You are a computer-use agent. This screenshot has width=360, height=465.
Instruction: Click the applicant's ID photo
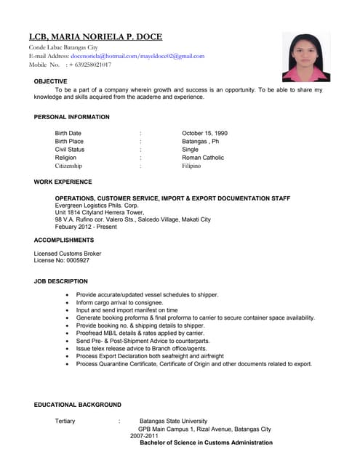click(306, 57)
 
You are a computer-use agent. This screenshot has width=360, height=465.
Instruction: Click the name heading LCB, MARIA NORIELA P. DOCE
click(95, 37)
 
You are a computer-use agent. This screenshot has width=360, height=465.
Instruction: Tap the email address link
click(137, 56)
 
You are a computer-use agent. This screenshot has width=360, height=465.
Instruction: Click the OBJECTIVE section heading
click(51, 81)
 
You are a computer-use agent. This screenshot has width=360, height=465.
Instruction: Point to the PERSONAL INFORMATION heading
click(72, 117)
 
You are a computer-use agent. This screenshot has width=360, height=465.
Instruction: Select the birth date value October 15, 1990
click(204, 134)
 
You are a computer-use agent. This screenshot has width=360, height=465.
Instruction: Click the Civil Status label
click(70, 150)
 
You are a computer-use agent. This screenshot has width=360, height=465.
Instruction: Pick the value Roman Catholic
click(203, 158)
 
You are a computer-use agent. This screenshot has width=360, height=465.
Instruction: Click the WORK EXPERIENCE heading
click(63, 182)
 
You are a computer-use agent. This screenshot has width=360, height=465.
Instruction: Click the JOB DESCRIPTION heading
click(61, 281)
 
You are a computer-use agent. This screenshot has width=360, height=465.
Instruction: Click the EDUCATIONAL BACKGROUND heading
click(78, 405)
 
